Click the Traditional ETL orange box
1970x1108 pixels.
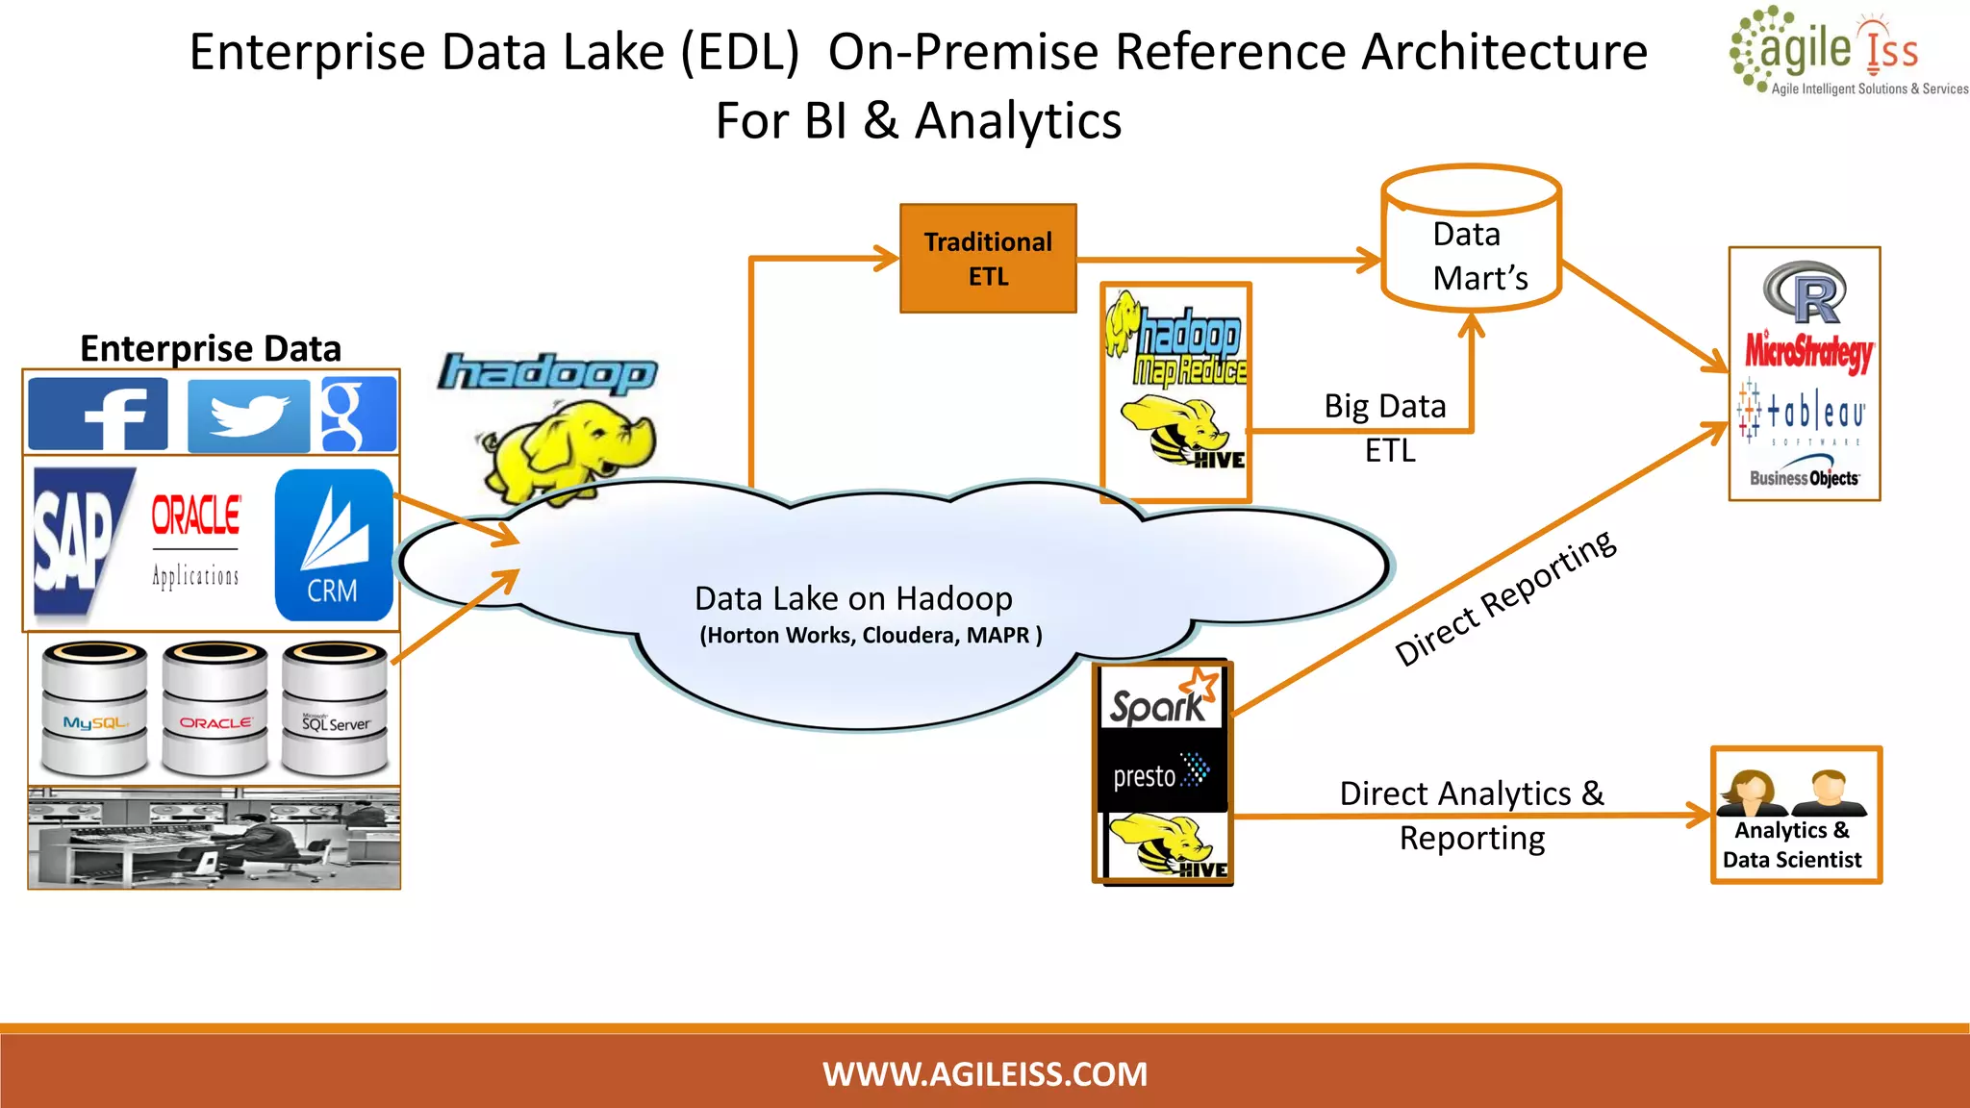click(x=988, y=259)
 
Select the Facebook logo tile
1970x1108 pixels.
click(x=98, y=414)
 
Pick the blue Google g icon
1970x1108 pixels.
click(x=357, y=415)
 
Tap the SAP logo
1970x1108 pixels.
click(x=77, y=541)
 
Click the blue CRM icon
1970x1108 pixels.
click(x=333, y=544)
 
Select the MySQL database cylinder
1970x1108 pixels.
click(x=94, y=710)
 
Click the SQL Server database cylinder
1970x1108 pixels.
click(x=335, y=710)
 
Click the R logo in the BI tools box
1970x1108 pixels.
click(x=1805, y=292)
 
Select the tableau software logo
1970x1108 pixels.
click(x=1804, y=414)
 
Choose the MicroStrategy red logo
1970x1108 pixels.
click(x=1808, y=351)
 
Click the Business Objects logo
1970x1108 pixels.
click(x=1804, y=476)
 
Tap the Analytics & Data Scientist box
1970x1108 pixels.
click(x=1795, y=816)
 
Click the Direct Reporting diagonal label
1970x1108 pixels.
click(x=1505, y=598)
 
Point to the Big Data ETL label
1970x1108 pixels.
click(x=1386, y=427)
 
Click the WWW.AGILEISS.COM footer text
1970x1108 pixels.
click(x=985, y=1073)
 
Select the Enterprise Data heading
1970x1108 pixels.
click(x=211, y=348)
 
